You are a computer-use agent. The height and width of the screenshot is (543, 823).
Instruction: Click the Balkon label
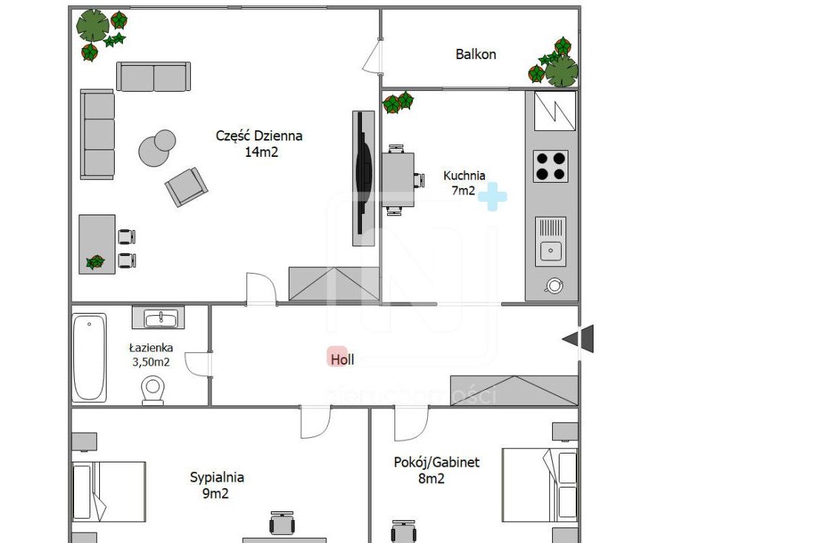(476, 54)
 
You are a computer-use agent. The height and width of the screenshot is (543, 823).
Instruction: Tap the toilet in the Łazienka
(152, 391)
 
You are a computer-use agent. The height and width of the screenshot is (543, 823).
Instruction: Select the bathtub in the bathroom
(89, 357)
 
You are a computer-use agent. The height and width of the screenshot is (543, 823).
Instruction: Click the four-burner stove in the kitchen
(550, 166)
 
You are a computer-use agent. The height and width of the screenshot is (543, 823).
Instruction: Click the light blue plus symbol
(492, 197)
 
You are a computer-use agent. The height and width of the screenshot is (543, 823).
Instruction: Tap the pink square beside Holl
(337, 357)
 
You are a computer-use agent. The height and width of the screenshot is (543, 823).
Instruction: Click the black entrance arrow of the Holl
(578, 339)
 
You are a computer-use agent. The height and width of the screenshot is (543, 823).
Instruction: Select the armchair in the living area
(187, 186)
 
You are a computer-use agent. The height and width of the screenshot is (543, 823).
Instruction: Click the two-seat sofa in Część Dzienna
(153, 77)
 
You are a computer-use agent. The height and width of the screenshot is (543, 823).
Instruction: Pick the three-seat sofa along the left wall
(97, 135)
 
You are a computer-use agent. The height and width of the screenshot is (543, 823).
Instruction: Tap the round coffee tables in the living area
(157, 148)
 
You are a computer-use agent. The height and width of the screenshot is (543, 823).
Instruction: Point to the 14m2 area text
(261, 152)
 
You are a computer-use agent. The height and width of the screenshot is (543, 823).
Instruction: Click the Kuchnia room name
(464, 176)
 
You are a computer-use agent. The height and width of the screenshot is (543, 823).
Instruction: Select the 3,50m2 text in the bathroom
(151, 362)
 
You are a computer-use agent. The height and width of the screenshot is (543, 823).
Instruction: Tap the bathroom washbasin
(158, 318)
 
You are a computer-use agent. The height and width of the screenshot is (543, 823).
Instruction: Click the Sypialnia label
(217, 477)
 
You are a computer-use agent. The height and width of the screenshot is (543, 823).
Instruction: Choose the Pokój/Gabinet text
(437, 462)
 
